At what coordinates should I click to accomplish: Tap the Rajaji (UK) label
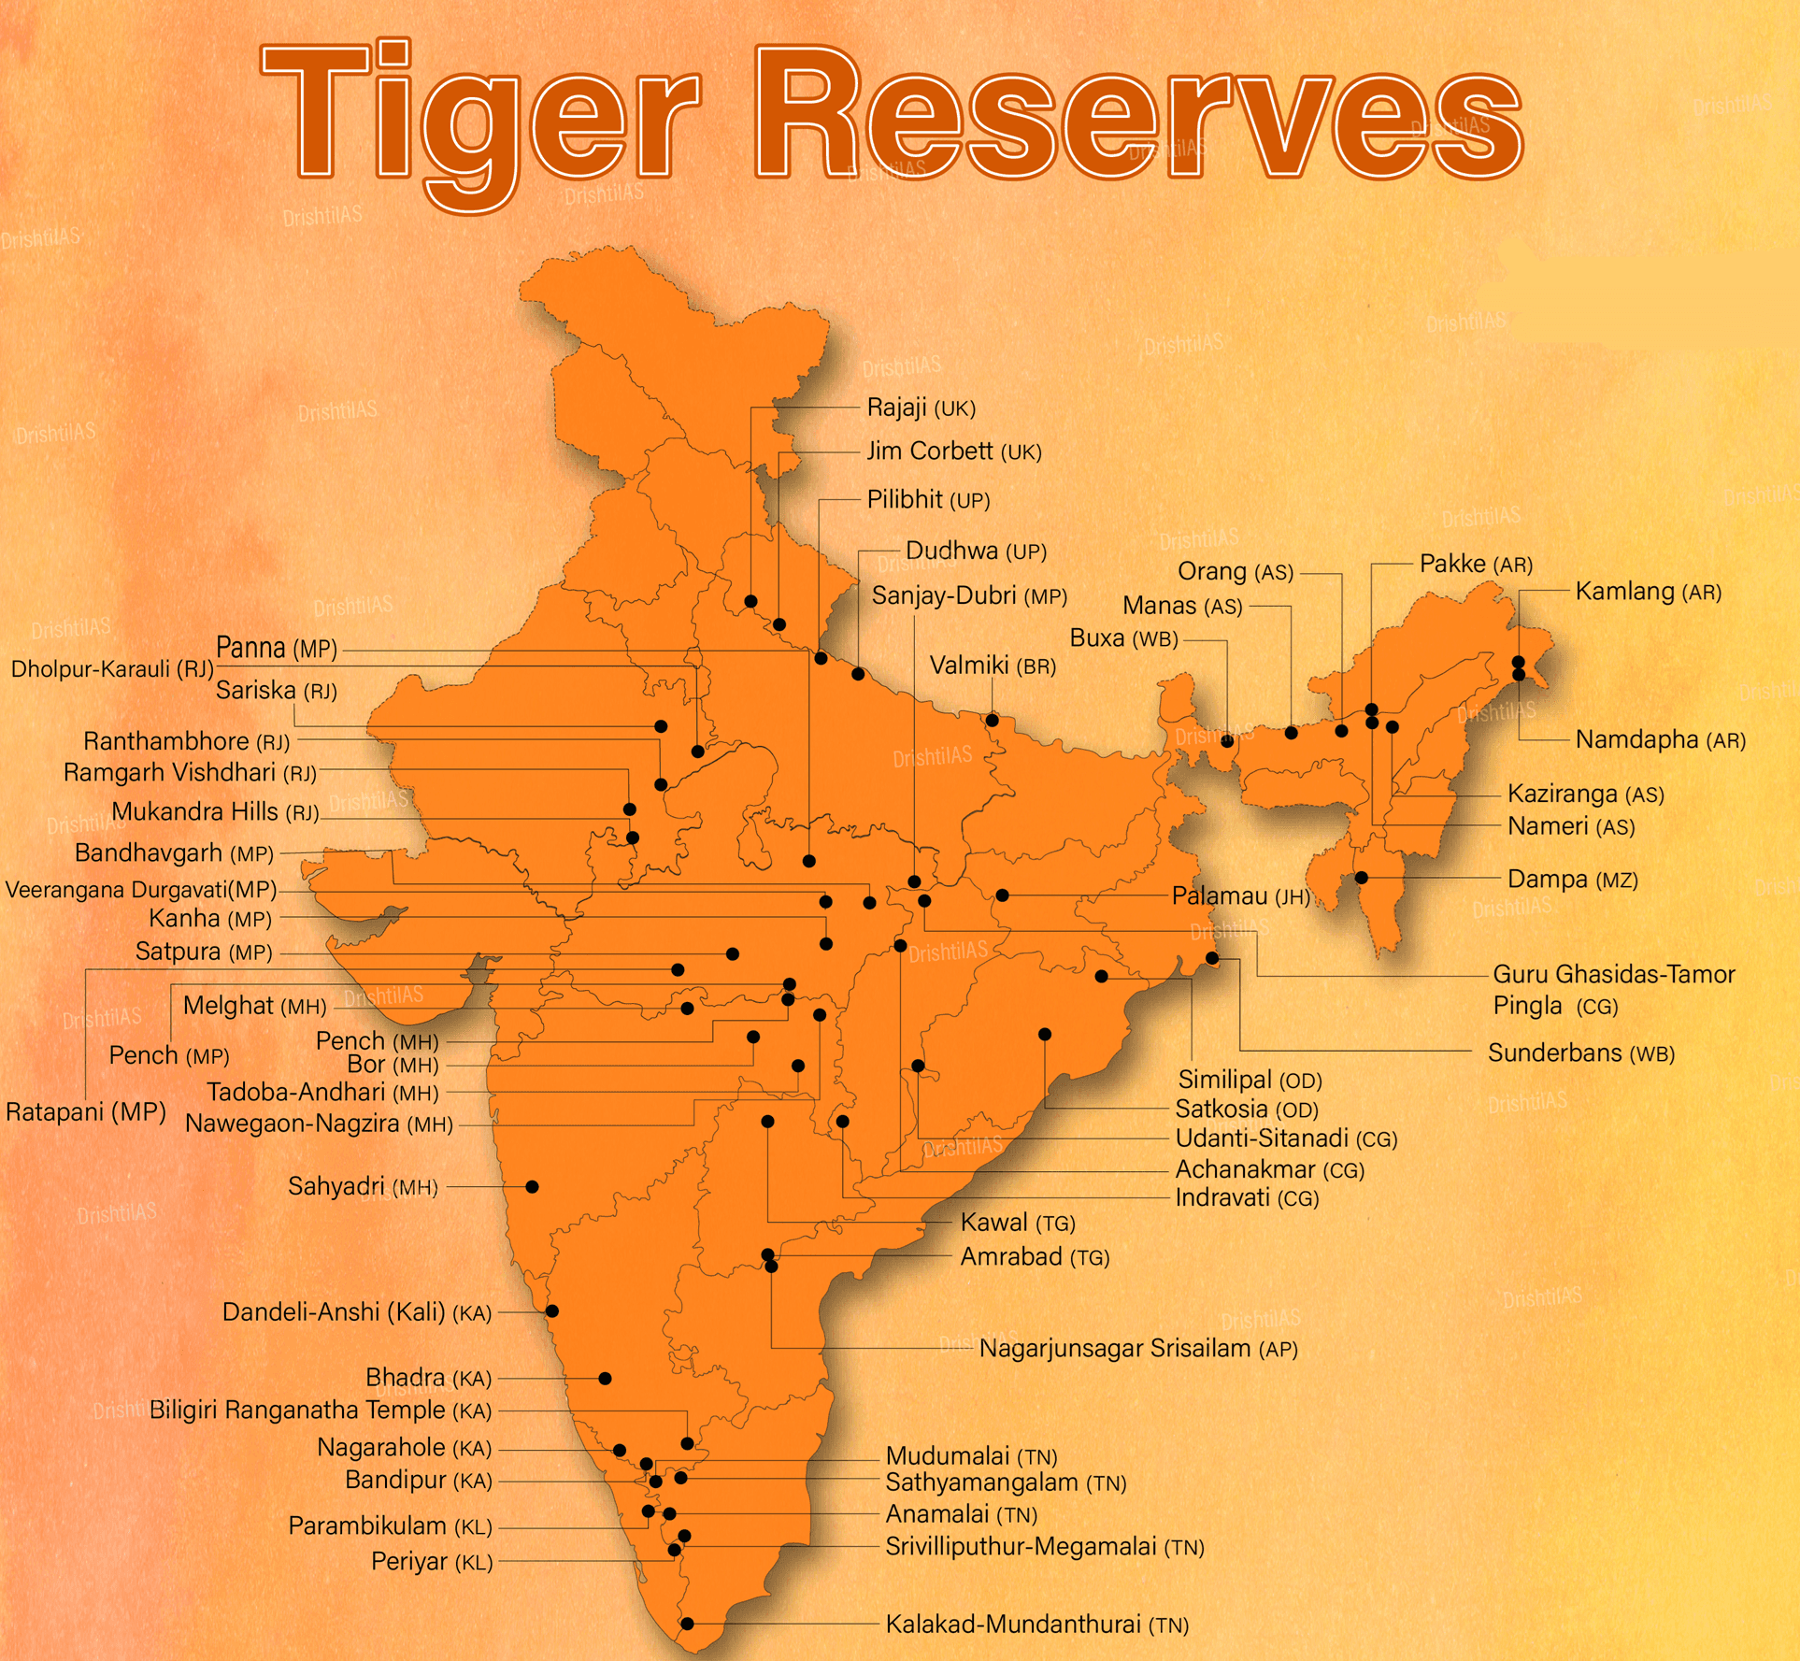tap(921, 408)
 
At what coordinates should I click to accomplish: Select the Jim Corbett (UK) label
tap(953, 451)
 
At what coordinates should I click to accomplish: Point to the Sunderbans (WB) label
tap(1580, 1053)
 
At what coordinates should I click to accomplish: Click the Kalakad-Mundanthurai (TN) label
tap(1036, 1625)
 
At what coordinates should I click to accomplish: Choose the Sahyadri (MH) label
tap(363, 1187)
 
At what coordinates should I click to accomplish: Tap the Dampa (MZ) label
tap(1572, 880)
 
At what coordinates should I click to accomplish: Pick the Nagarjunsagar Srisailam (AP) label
tap(1137, 1349)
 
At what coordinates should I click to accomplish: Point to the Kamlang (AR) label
tap(1648, 592)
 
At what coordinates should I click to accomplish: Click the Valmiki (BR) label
tap(993, 666)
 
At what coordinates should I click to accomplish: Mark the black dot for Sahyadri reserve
tap(532, 1187)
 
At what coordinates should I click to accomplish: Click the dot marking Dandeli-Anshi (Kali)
tap(552, 1311)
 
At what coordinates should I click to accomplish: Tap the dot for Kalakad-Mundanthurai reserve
tap(687, 1624)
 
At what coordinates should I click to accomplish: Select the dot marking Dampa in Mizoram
tap(1362, 878)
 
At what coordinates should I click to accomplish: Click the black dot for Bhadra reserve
tap(605, 1379)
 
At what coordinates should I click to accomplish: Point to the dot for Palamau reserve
tap(1002, 895)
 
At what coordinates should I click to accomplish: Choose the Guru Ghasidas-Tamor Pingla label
tap(1612, 990)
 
